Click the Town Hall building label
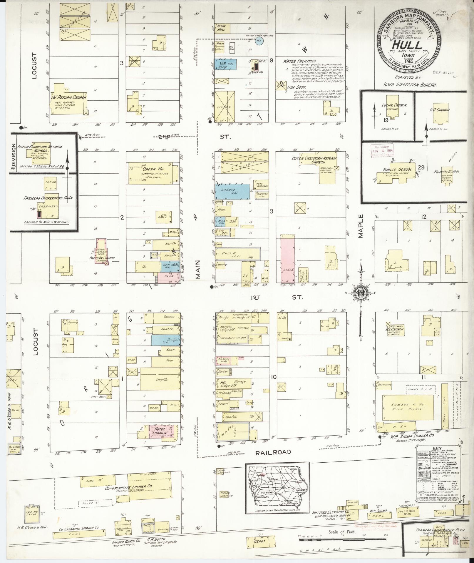tap(222, 28)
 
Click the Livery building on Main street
tap(225, 107)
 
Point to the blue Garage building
tap(232, 190)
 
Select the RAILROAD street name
tap(273, 452)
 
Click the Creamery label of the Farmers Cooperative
tap(51, 207)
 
